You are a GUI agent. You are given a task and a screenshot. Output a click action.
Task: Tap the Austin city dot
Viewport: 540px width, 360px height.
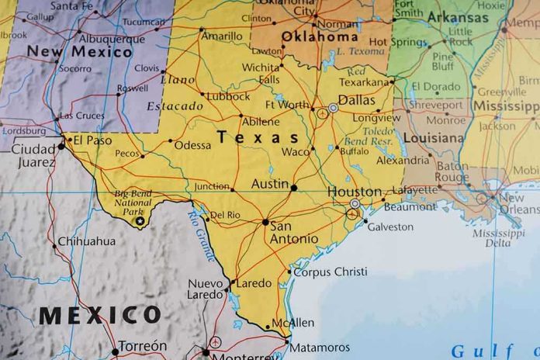[293, 187]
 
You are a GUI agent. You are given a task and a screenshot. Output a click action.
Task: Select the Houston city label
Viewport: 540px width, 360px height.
[354, 192]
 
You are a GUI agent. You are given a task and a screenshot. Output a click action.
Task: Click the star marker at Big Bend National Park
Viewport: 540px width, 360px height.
[140, 221]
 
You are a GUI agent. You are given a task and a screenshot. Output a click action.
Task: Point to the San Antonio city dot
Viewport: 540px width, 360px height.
[265, 222]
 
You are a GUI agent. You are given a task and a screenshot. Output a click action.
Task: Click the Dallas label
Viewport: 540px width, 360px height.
[357, 101]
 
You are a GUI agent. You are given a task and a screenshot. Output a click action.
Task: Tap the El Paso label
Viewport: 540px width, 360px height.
[92, 140]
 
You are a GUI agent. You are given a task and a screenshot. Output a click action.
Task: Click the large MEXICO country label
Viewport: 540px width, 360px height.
[100, 315]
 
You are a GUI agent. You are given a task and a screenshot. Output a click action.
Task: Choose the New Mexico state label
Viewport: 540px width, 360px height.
[79, 52]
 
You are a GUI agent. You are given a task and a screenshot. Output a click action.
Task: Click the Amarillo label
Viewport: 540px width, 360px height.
[221, 36]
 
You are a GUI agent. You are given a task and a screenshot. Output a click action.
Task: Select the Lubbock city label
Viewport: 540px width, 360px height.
[229, 96]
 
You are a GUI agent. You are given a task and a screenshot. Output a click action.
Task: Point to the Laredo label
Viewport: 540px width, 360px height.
[254, 284]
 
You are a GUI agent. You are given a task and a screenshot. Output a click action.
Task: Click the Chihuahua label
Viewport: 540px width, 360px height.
[87, 241]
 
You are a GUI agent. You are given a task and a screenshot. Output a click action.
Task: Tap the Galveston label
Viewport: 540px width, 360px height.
[390, 227]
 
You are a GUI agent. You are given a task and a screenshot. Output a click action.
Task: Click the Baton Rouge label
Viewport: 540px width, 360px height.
[452, 171]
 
